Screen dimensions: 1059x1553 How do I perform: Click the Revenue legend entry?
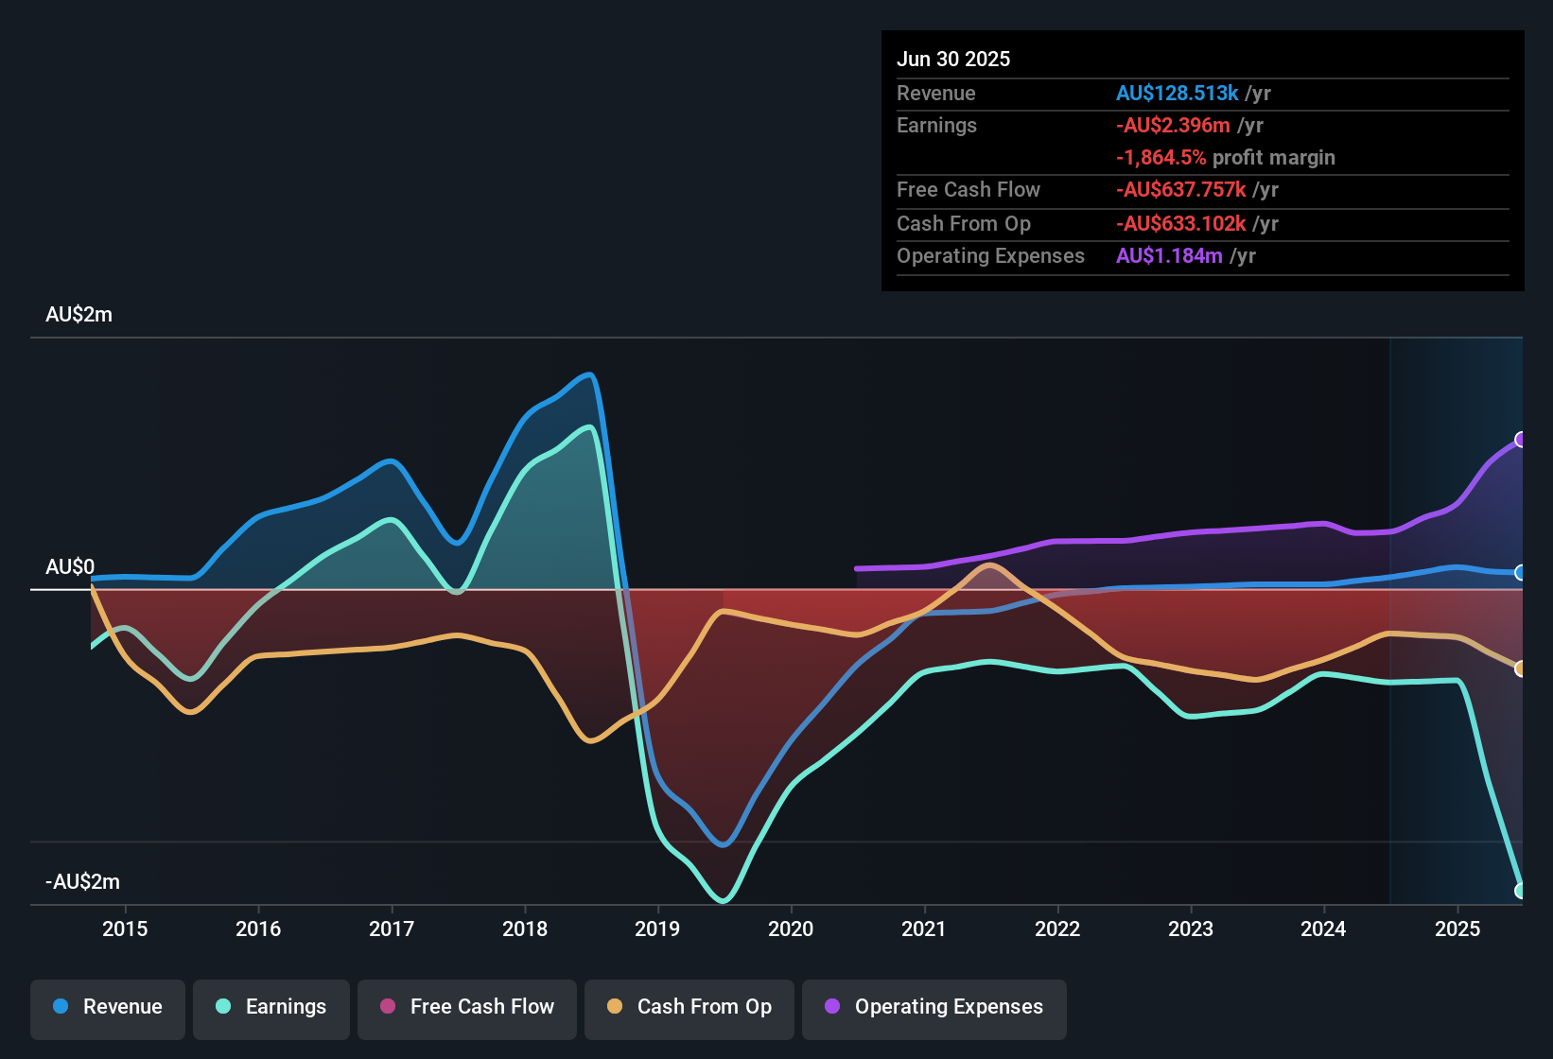(108, 1007)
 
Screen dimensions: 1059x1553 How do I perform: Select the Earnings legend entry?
(271, 1007)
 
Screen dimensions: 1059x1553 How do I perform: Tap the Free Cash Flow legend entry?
(467, 1007)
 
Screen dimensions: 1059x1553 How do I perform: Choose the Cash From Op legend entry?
(689, 1007)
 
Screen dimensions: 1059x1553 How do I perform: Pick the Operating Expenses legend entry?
(934, 1007)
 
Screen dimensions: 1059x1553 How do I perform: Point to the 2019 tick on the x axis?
(657, 929)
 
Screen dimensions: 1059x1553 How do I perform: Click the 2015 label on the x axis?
(125, 929)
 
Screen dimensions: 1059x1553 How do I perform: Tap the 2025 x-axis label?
(1457, 929)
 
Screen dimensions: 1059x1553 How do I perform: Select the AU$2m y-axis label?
(79, 315)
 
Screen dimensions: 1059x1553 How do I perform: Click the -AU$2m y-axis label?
(82, 882)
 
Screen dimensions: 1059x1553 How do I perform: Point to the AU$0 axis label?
(70, 567)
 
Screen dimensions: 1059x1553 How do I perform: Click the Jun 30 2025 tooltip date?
(953, 59)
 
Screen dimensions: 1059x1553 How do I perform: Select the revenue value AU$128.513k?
(1177, 93)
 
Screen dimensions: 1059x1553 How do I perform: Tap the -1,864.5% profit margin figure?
(1160, 158)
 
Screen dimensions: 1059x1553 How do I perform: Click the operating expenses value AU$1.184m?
(1169, 256)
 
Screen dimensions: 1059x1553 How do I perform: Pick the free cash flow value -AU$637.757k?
(1180, 190)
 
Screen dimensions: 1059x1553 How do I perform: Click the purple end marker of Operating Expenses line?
(1521, 440)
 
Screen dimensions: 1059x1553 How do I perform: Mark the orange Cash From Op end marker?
(1521, 669)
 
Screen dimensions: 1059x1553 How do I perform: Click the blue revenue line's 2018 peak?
(591, 375)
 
